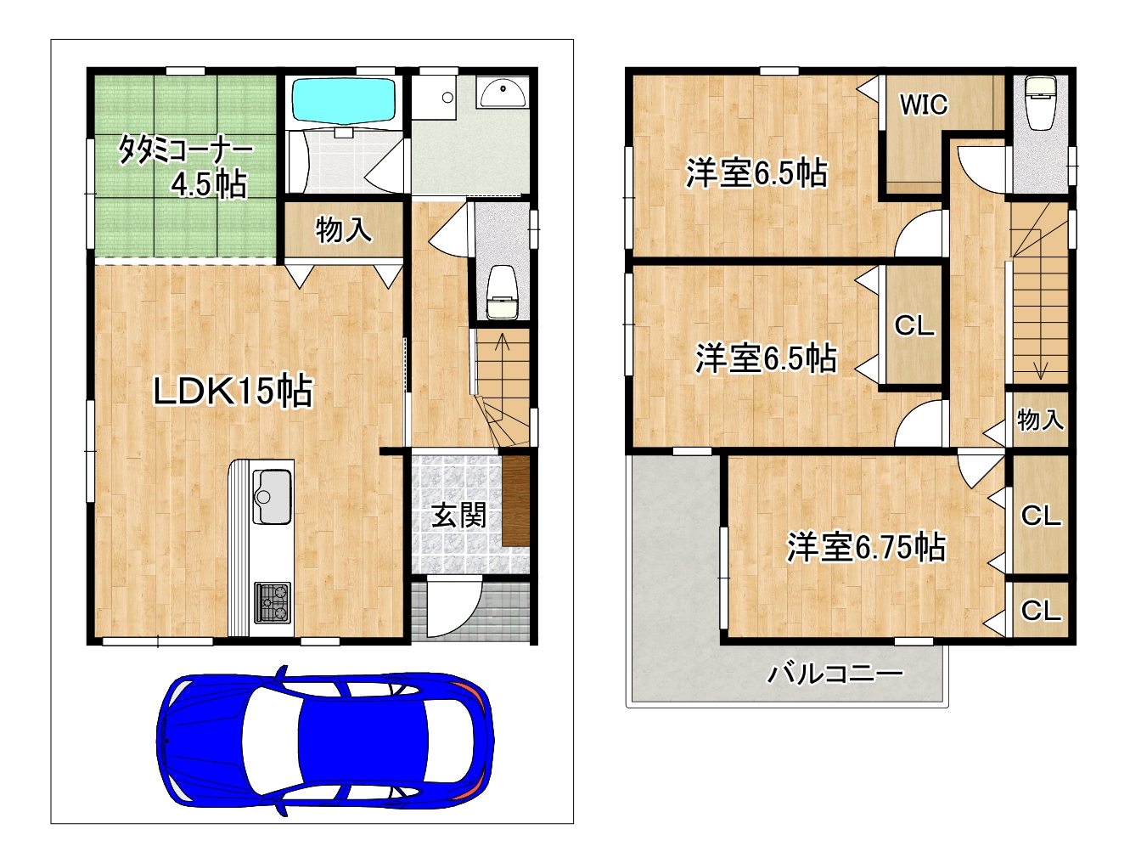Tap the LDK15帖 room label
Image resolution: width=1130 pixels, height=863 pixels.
(233, 391)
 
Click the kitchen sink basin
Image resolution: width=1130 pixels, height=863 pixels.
(273, 496)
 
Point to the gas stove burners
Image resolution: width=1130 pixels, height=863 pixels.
(273, 602)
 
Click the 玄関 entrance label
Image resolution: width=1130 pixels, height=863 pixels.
(458, 516)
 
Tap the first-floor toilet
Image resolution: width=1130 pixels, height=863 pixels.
(502, 293)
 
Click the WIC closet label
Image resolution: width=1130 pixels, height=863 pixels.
(924, 104)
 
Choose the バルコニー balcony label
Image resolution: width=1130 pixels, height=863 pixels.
(835, 674)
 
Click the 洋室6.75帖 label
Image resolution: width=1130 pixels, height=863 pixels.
(866, 546)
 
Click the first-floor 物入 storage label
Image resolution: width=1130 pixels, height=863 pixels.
(343, 229)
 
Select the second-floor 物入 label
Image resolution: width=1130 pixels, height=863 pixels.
(1040, 420)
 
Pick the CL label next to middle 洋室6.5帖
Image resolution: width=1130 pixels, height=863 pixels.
(914, 325)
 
